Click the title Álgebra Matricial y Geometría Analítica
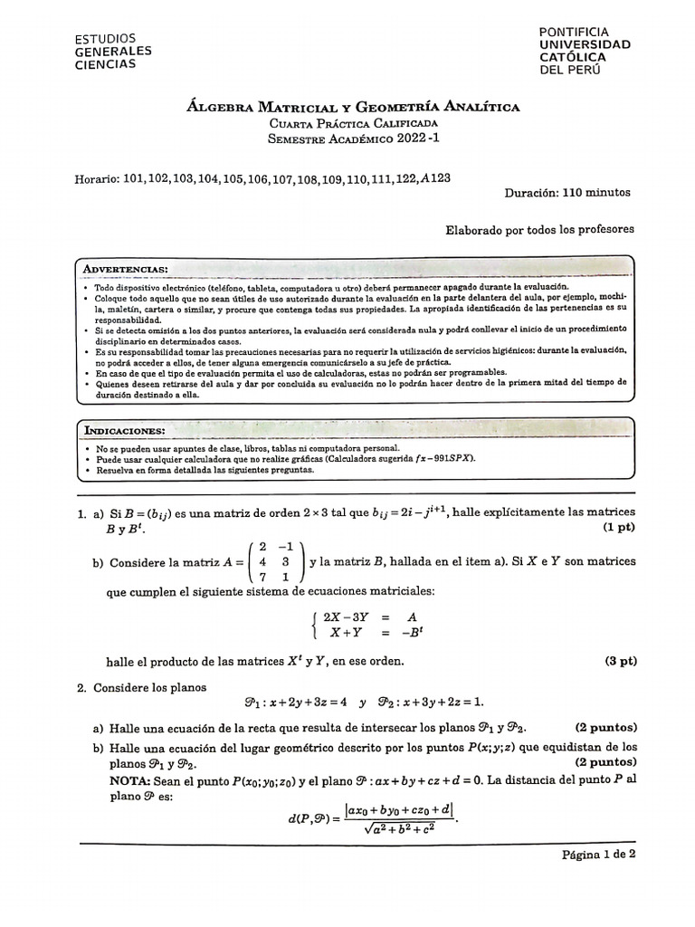353,107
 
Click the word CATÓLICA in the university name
573,56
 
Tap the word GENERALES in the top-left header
113,52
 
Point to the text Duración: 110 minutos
569,193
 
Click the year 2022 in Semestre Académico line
405,139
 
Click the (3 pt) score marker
621,661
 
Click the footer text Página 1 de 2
599,854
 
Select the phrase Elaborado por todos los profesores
539,230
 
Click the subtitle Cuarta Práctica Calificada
353,123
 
